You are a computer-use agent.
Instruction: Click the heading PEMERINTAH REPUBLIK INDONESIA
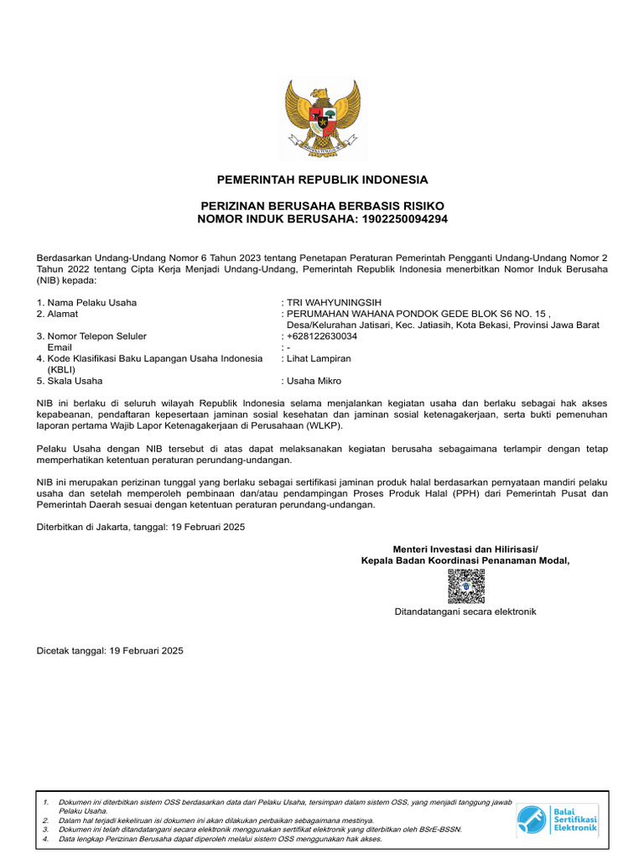322,180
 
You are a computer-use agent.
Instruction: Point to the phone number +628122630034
322,336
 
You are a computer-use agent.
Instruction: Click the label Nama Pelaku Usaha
86,303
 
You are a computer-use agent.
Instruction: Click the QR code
465,586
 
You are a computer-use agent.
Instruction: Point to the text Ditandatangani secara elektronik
465,612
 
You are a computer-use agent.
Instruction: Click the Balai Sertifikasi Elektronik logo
557,819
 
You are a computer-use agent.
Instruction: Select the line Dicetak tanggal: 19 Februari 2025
110,650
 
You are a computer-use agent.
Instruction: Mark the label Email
60,347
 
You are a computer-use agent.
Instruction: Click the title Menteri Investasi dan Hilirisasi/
465,549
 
